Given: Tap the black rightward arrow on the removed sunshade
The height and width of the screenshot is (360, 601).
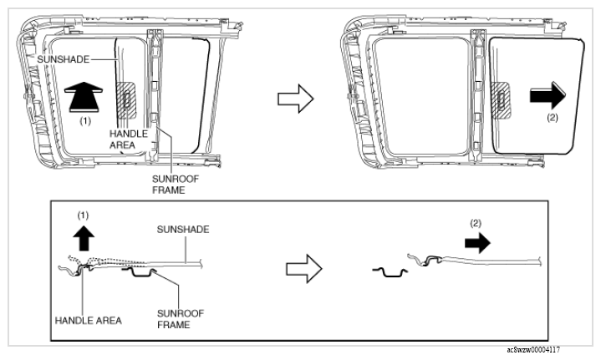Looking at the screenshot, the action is click(x=548, y=95).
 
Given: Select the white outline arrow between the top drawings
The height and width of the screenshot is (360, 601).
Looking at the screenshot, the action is click(x=296, y=99).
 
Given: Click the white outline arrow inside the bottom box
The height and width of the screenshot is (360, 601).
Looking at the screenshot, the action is click(x=304, y=269).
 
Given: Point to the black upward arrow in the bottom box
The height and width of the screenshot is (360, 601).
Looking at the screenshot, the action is click(x=84, y=238).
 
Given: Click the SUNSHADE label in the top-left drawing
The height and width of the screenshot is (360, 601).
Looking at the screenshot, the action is click(x=64, y=59).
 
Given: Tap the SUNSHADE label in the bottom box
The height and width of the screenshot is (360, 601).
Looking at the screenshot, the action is click(x=183, y=230).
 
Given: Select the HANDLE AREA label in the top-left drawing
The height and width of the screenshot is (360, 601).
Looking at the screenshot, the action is click(x=129, y=139).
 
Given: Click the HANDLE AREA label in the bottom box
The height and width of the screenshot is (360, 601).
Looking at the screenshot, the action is click(x=88, y=321).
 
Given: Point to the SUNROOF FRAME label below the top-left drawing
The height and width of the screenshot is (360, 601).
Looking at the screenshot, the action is click(x=176, y=185).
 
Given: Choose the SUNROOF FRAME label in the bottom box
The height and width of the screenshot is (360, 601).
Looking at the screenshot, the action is click(x=181, y=319).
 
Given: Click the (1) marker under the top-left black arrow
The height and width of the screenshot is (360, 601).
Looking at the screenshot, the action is click(x=85, y=121).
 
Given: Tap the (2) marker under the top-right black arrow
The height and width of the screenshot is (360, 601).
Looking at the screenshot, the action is click(x=553, y=118).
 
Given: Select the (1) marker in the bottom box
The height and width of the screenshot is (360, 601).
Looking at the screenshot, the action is click(x=83, y=215).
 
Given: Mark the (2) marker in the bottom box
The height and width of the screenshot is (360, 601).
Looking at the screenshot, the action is click(x=476, y=223).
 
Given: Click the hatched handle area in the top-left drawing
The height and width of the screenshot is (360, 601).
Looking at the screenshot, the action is click(x=126, y=100).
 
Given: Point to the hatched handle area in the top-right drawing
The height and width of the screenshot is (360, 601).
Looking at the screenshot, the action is click(x=501, y=100).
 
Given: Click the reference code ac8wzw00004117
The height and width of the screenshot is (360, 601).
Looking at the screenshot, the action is click(x=533, y=350).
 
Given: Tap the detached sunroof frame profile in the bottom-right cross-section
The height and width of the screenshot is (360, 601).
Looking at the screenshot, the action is click(x=390, y=272).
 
